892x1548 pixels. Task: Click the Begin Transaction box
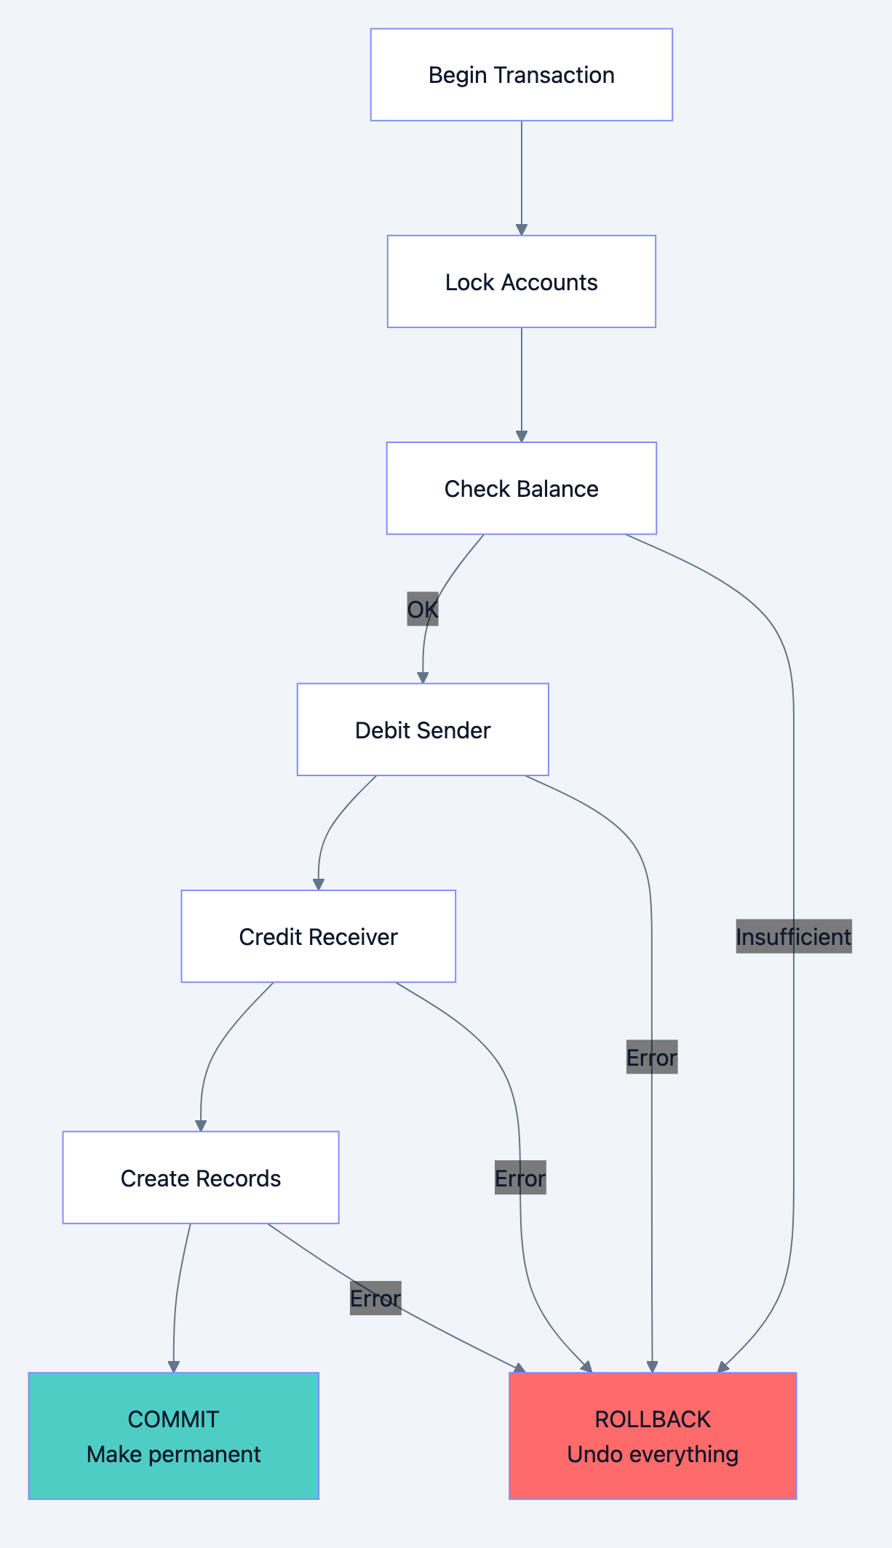click(521, 75)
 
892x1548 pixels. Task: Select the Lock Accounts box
click(521, 282)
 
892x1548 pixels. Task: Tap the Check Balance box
click(521, 488)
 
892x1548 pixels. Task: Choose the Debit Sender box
click(422, 730)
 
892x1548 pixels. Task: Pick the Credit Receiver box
click(318, 936)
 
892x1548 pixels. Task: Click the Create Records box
click(200, 1178)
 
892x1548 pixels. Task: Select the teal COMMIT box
click(173, 1435)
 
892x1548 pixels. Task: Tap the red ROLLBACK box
click(653, 1435)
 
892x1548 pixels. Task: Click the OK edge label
click(422, 609)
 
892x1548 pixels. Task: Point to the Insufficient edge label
click(793, 936)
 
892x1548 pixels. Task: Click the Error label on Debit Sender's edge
click(651, 1057)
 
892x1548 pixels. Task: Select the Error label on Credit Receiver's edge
click(519, 1178)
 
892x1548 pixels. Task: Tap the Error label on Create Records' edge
click(375, 1298)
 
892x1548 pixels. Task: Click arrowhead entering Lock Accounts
click(521, 229)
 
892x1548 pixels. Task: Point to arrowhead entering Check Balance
click(521, 436)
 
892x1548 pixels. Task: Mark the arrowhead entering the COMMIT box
click(173, 1366)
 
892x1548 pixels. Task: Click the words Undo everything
click(653, 1454)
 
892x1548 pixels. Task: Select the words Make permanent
click(173, 1454)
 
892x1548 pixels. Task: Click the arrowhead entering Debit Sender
click(422, 677)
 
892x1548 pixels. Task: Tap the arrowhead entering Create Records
click(200, 1125)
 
